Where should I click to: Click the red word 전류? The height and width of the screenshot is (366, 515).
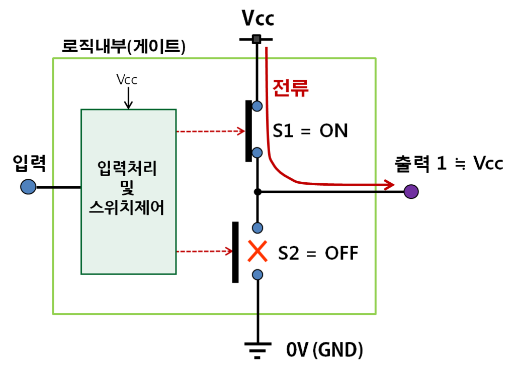(x=290, y=88)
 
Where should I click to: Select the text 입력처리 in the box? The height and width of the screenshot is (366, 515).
(x=127, y=168)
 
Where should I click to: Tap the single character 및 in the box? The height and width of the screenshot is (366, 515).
(x=127, y=188)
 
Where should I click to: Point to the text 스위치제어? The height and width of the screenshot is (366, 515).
(x=127, y=207)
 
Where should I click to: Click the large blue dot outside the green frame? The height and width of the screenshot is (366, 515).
(x=28, y=187)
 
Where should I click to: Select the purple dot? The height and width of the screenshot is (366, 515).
(x=411, y=191)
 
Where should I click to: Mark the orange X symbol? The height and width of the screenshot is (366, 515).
(x=257, y=251)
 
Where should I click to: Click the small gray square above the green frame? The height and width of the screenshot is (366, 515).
(x=256, y=39)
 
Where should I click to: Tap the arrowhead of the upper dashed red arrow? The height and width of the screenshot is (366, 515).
(x=241, y=131)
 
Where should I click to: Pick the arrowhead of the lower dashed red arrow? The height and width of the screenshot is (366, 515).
(x=228, y=251)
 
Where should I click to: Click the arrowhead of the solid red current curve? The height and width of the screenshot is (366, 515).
(x=389, y=184)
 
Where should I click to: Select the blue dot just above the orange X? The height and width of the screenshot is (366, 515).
(x=257, y=228)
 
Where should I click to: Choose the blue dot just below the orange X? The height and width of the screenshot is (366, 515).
(x=257, y=275)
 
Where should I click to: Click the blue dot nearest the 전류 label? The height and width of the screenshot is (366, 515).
(x=257, y=106)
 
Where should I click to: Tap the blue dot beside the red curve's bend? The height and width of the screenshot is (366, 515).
(x=257, y=153)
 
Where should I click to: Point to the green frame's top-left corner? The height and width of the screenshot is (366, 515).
(x=53, y=59)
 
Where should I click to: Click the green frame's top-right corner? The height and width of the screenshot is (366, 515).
(x=375, y=59)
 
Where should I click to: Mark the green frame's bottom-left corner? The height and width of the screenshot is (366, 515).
(x=53, y=314)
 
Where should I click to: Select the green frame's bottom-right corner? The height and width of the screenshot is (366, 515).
(x=375, y=314)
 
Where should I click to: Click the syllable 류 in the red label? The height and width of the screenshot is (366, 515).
(x=300, y=88)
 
